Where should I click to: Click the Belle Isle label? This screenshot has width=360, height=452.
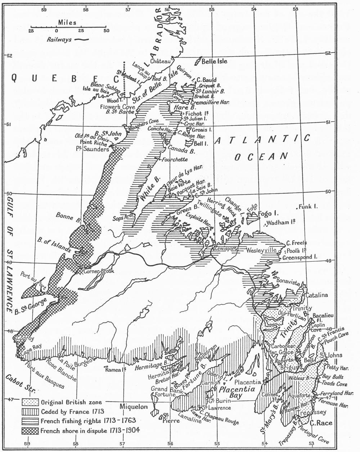[x=214, y=62]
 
